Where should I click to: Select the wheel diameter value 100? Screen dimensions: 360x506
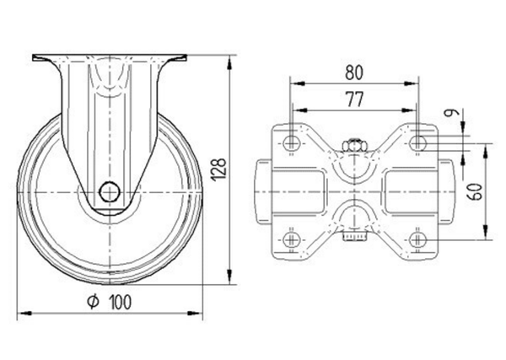coord(121,302)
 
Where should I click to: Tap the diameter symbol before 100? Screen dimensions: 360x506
coord(94,302)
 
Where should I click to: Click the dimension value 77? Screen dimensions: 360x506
coord(354,99)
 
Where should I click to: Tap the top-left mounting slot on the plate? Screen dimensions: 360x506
coord(291,144)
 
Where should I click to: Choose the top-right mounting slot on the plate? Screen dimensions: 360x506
coord(418,144)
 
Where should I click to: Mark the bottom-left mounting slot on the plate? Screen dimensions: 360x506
coord(291,241)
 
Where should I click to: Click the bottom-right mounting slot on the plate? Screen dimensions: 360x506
coord(418,241)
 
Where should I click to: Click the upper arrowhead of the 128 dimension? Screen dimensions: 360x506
coord(229,60)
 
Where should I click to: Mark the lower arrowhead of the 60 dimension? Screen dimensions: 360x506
coord(487,239)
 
